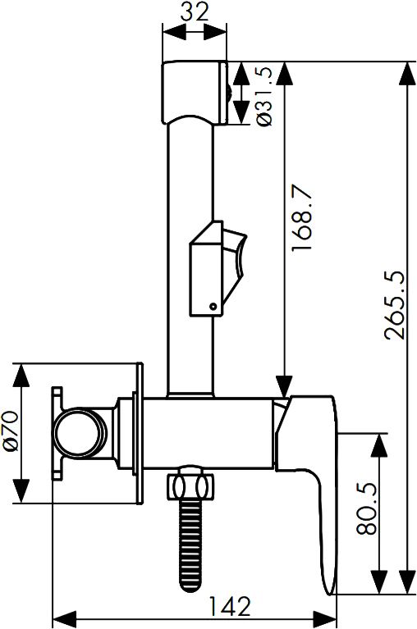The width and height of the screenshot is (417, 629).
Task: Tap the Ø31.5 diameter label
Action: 264,96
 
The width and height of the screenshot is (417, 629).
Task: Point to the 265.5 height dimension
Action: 394,305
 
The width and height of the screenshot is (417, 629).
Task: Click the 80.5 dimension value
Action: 366,508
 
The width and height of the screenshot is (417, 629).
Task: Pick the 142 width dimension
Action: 230,606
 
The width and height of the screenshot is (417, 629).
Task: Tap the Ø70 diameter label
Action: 11,431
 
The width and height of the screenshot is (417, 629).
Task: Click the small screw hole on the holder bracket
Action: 213,307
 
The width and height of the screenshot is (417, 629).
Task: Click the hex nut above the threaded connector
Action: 190,486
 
